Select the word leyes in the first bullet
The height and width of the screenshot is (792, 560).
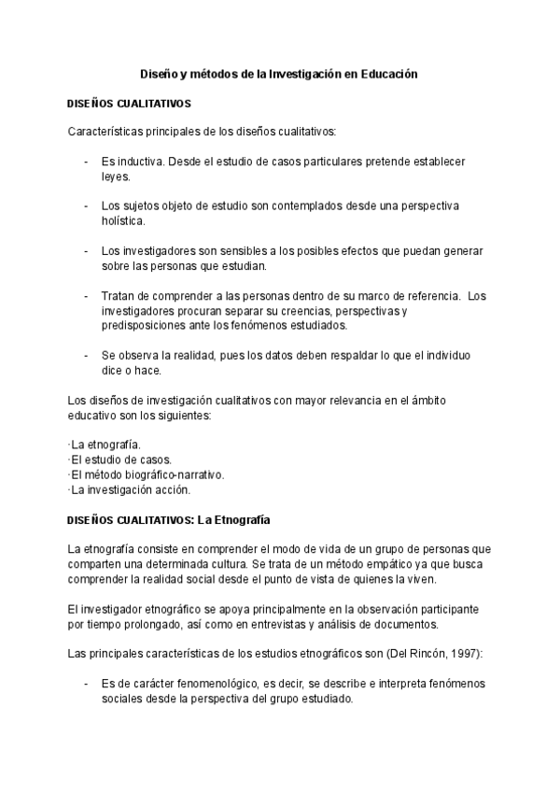116,176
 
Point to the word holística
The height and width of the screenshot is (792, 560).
123,220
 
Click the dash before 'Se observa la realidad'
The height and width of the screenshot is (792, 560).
86,356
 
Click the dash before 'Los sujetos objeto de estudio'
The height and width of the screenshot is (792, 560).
86,206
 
